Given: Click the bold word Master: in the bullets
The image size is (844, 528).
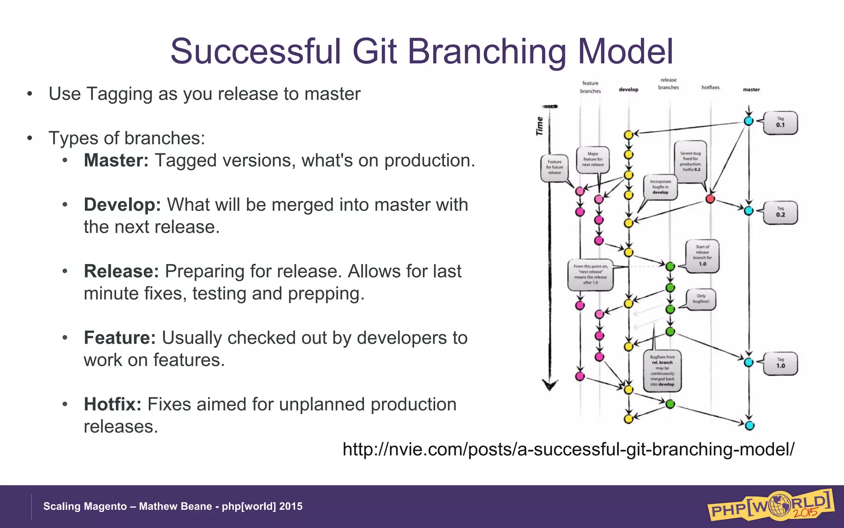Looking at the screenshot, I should coord(116,160).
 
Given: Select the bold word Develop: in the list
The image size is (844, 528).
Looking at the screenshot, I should coord(122,205).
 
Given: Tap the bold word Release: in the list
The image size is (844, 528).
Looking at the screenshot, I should coord(121,271).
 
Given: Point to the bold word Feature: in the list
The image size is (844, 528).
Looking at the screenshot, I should coord(120,338).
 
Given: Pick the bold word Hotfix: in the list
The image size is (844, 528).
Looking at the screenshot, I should coord(113,404).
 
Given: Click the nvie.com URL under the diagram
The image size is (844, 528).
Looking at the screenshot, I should coord(568,449).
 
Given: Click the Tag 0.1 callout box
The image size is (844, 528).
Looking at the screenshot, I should coord(780,123).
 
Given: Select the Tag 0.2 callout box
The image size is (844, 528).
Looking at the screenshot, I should coord(780,212).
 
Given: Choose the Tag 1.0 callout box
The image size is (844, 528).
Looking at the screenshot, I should coord(780,363).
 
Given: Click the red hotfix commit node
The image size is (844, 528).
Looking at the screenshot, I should coord(710,199).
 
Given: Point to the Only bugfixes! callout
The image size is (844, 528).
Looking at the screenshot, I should coord(701,299).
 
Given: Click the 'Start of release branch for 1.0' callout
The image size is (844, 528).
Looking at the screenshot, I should coord(702,256).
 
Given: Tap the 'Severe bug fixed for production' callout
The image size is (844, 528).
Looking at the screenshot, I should coord(691,161).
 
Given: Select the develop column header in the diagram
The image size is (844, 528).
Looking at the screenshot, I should coord(628,90).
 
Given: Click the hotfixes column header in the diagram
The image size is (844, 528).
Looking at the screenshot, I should coord(710,87).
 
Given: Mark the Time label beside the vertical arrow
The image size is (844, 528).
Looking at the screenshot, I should coord(539,126).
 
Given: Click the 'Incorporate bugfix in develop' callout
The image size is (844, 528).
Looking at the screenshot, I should coord(660,187).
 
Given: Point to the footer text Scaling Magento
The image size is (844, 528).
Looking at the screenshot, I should coord(85,507).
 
